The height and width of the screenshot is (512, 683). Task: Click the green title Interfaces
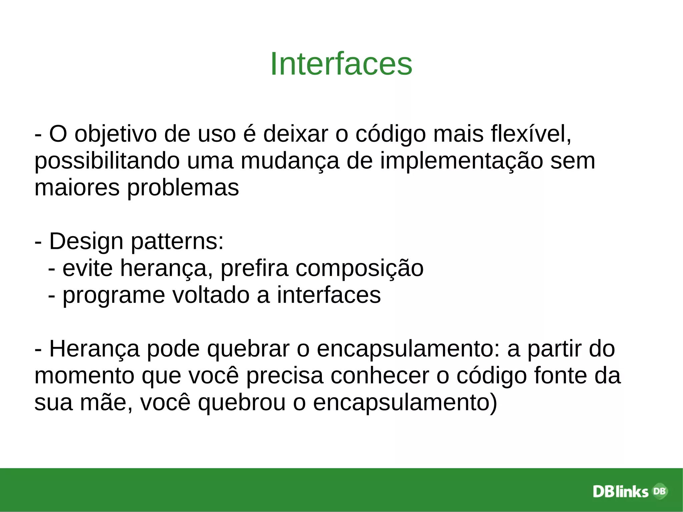pyautogui.click(x=341, y=64)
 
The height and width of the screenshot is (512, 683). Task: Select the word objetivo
pyautogui.click(x=115, y=134)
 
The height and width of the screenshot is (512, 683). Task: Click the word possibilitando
pyautogui.click(x=107, y=161)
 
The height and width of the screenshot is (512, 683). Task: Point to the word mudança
pyautogui.click(x=289, y=161)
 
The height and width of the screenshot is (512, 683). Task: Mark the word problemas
pyautogui.click(x=183, y=188)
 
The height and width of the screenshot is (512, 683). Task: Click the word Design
pyautogui.click(x=86, y=241)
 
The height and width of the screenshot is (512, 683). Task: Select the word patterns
pyautogui.click(x=177, y=241)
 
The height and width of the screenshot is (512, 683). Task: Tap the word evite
pyautogui.click(x=88, y=268)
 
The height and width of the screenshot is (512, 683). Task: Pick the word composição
pyautogui.click(x=359, y=268)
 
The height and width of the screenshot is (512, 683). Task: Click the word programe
pyautogui.click(x=114, y=295)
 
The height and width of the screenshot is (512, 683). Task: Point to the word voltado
pyautogui.click(x=211, y=295)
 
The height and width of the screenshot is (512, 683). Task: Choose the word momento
pyautogui.click(x=84, y=376)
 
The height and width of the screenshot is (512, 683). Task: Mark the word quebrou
pyautogui.click(x=241, y=403)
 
